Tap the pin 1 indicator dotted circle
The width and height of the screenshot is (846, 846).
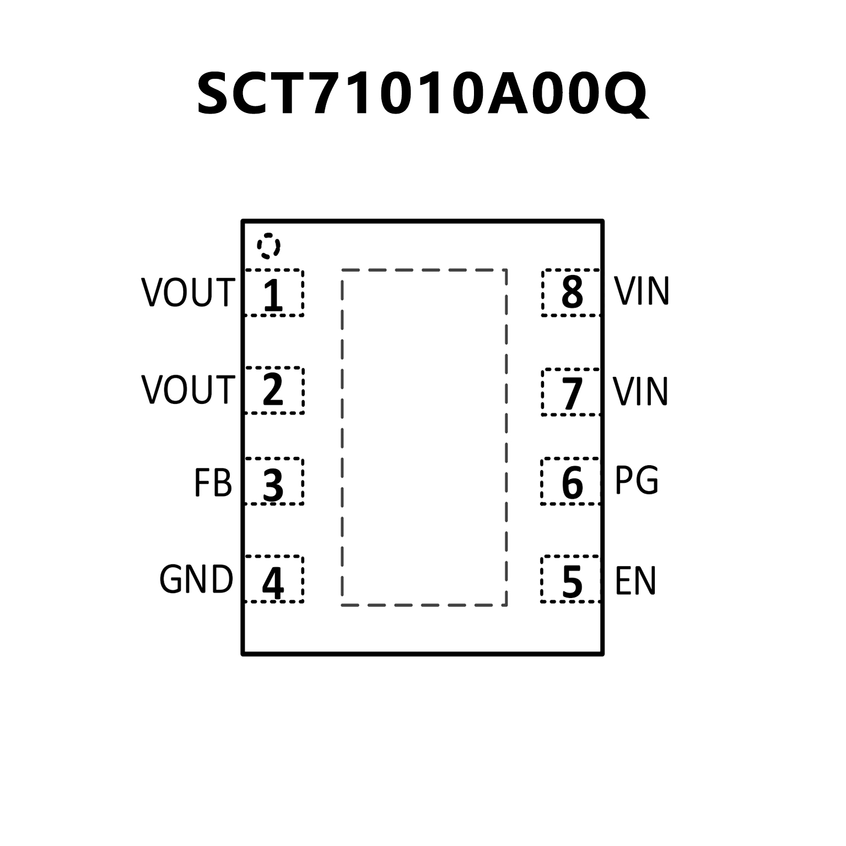click(268, 246)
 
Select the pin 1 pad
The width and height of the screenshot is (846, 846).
click(274, 293)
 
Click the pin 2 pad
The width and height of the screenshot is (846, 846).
click(274, 390)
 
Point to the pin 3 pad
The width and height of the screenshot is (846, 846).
click(274, 481)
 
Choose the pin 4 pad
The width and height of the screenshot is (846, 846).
click(274, 579)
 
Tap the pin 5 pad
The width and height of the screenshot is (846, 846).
click(570, 579)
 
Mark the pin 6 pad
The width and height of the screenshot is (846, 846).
click(570, 481)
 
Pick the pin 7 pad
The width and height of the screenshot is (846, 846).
click(571, 392)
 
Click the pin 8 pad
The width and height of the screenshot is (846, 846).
click(571, 293)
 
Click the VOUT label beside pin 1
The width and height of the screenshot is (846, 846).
click(188, 293)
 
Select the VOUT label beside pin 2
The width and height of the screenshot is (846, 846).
click(188, 390)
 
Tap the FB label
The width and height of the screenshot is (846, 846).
click(213, 483)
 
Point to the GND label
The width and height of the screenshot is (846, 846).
click(196, 580)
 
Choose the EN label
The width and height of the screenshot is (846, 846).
click(635, 581)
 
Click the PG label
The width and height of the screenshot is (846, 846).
click(636, 481)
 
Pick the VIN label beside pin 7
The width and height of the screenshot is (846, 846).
click(640, 392)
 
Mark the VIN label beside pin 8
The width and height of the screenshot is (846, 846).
click(642, 291)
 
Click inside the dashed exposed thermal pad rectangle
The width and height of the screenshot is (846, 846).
click(424, 438)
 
